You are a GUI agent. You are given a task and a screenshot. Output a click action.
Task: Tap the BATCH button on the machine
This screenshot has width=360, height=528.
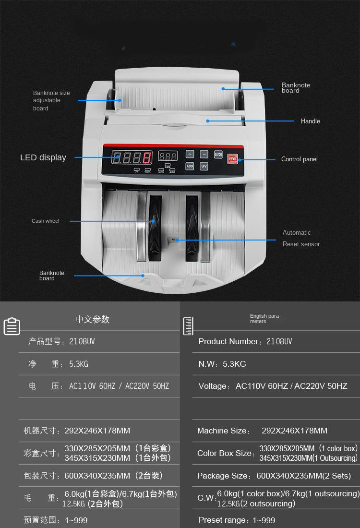(218, 154)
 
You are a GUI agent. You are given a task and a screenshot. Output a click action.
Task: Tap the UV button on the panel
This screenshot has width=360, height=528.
(204, 166)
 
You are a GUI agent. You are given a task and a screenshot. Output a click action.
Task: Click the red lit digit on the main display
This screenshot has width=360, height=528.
(147, 157)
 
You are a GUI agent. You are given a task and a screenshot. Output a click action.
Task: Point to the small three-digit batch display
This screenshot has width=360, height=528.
(168, 156)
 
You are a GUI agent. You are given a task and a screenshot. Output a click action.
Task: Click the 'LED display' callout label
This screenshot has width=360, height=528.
(43, 157)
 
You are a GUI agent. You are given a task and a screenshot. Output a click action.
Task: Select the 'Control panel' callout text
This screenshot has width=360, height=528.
(299, 159)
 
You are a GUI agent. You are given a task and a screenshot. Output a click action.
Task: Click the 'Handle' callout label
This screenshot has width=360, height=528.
(310, 121)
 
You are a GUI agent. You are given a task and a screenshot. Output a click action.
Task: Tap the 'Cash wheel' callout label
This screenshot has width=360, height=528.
(46, 221)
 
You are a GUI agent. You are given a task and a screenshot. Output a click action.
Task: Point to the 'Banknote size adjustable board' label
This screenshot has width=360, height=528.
(51, 100)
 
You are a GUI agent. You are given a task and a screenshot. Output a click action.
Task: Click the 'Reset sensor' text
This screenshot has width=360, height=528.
(301, 244)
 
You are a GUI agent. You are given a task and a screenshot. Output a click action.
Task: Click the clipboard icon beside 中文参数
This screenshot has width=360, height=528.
(12, 326)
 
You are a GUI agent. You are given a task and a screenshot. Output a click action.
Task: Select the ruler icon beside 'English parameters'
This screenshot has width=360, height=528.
(188, 326)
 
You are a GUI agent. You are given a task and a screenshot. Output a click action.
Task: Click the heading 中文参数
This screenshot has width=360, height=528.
(93, 319)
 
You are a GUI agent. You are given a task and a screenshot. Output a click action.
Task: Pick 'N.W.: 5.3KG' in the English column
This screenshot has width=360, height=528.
(222, 364)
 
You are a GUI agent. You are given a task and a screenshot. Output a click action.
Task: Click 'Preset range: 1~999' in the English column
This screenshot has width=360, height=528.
(237, 520)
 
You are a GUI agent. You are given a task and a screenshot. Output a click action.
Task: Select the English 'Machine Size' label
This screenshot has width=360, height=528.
(223, 431)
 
